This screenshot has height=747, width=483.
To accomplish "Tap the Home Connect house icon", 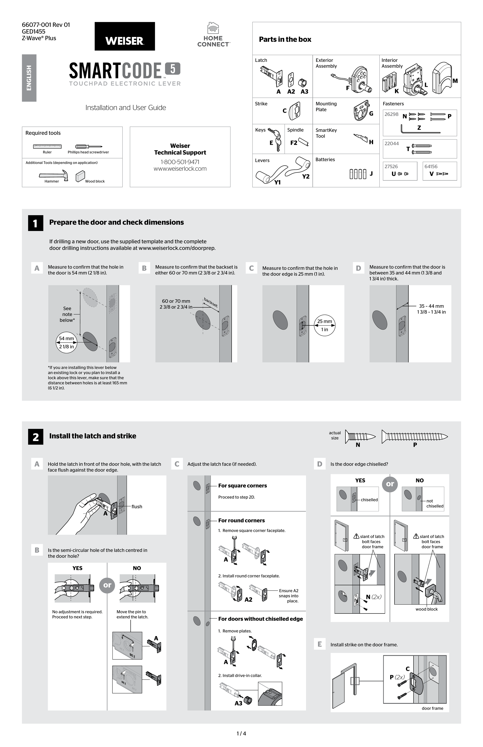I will (213, 28).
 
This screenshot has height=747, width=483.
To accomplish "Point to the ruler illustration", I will (47, 146).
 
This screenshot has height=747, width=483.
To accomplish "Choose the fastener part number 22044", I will (392, 143).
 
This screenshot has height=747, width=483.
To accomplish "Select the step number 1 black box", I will (35, 223).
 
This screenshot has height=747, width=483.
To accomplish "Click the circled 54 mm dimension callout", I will (66, 342).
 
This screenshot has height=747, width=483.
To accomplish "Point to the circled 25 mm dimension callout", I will (324, 325).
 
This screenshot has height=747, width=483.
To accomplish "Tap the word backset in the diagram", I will (211, 302).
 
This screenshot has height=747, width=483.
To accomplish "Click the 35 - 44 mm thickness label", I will (431, 306).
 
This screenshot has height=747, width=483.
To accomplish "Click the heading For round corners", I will (241, 520).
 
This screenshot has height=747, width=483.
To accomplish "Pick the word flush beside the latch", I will (137, 507).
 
